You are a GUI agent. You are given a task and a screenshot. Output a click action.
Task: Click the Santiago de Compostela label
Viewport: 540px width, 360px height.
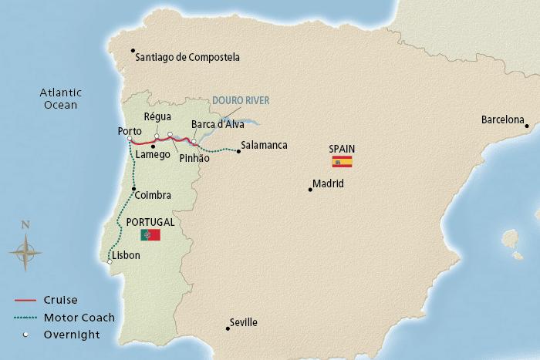pyautogui.click(x=187, y=57)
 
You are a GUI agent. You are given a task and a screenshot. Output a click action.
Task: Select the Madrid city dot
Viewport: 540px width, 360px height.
pyautogui.click(x=310, y=189)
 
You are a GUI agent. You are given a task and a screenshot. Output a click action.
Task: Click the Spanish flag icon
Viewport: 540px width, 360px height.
pyautogui.click(x=342, y=161)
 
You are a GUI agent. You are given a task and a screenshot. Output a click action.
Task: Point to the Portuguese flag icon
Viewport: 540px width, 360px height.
pyautogui.click(x=150, y=234)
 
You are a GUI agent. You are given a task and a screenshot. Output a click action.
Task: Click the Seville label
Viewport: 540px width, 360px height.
pyautogui.click(x=244, y=323)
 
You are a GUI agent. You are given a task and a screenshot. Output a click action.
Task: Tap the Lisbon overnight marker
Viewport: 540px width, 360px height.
pyautogui.click(x=110, y=263)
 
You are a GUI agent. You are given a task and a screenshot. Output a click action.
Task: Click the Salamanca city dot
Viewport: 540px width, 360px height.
pyautogui.click(x=238, y=151)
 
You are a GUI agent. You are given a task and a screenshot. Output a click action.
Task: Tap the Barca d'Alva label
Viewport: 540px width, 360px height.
pyautogui.click(x=218, y=125)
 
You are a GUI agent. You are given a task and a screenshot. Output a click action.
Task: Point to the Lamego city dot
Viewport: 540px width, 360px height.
pyautogui.click(x=154, y=146)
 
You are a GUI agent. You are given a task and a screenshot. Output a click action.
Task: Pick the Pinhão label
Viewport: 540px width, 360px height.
pyautogui.click(x=194, y=157)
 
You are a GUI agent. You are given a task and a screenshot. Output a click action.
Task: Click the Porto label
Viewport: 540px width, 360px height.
pyautogui.click(x=129, y=131)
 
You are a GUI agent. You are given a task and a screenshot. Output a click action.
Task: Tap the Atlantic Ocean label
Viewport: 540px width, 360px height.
pyautogui.click(x=59, y=99)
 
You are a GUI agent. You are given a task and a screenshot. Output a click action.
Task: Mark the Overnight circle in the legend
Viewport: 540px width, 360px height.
pyautogui.click(x=25, y=335)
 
